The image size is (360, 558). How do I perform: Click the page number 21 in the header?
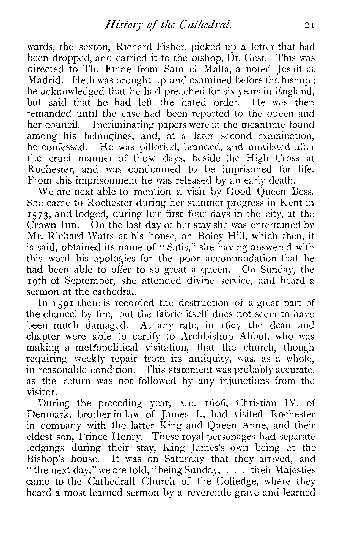pos(309,25)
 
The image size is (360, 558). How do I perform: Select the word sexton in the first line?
pos(94,47)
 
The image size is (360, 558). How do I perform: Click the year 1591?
pos(62,303)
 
